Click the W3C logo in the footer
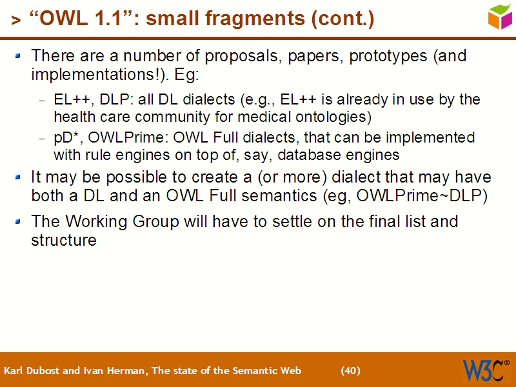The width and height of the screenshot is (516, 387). pos(486,370)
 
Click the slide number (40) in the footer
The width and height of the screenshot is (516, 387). pos(350,371)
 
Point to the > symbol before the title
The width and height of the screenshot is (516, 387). pos(15,21)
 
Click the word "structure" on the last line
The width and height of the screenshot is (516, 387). pos(64,241)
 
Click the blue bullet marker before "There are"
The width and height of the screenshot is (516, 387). pos(19,56)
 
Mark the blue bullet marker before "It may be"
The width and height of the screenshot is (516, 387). pos(19,177)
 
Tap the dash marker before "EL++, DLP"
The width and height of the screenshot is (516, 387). pos(43,101)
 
